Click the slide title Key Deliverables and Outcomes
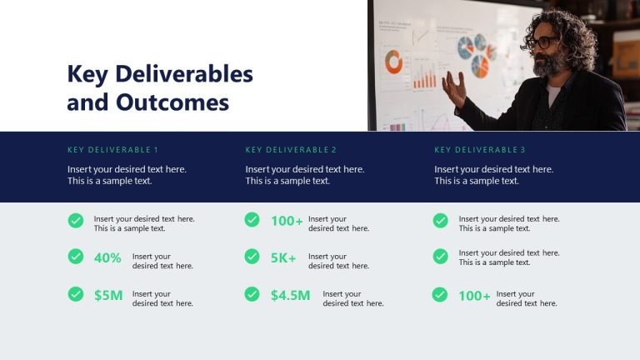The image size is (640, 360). pos(159,88)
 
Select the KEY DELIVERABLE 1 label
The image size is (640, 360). pos(112,150)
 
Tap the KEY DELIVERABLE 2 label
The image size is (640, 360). pos(291,150)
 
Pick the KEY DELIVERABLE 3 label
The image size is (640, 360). pos(480,150)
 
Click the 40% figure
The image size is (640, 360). pos(107,257)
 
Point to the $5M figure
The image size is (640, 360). pos(108,295)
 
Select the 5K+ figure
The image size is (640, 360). pos(283,257)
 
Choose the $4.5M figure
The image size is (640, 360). pos(290,295)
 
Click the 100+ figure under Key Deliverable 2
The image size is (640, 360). pos(287,221)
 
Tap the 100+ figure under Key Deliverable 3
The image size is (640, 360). pos(474,295)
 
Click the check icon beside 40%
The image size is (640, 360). pos(76,257)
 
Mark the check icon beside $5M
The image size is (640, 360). pos(76,294)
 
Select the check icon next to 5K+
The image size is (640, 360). pos(252,257)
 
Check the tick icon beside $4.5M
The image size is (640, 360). pos(252,294)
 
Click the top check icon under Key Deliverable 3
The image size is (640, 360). pos(440,221)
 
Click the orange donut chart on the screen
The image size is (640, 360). pos(393,61)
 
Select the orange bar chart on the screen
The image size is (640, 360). pos(424,79)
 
